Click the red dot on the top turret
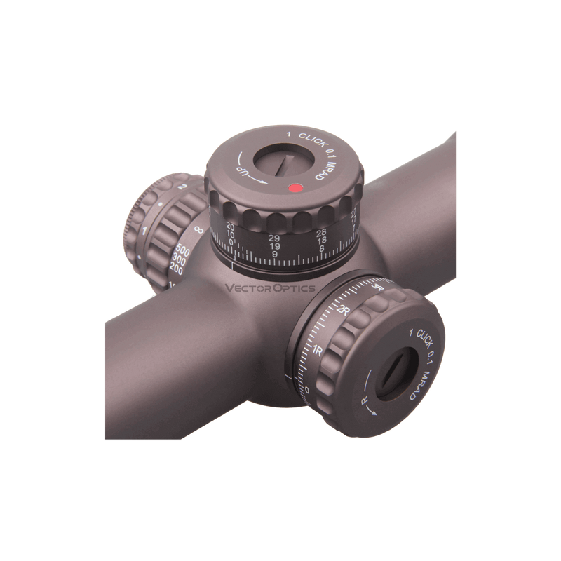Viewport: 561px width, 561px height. (295, 188)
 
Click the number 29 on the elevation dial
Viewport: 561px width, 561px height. (275, 238)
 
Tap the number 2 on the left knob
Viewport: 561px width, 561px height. (182, 187)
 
